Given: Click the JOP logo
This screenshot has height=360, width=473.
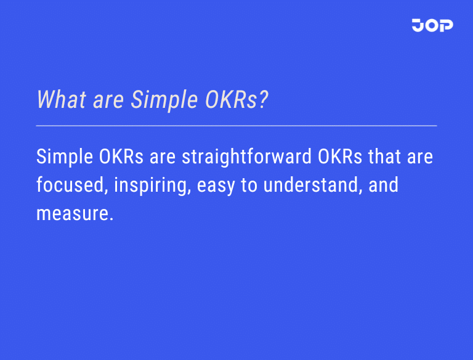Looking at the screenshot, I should click(432, 25).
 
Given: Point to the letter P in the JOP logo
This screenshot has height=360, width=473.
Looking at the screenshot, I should click(446, 25).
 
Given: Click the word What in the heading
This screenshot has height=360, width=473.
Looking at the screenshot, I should click(59, 99).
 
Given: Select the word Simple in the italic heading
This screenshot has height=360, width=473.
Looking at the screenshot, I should click(161, 99).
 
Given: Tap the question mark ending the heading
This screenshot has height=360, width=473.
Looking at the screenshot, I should click(263, 99).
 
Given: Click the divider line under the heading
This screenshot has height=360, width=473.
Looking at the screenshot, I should click(236, 125).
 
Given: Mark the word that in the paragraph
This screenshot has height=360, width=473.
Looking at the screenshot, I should click(385, 157).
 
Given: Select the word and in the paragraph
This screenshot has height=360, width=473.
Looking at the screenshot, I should click(383, 185).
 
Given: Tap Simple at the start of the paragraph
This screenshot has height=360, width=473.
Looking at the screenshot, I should click(65, 157).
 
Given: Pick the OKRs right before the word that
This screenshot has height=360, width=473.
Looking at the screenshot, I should click(341, 157).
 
